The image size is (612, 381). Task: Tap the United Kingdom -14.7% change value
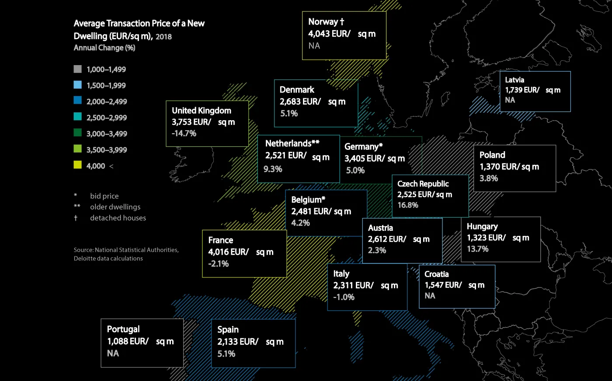(184, 133)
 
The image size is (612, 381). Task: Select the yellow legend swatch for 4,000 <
(78, 165)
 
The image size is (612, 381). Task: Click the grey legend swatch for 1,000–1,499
(78, 69)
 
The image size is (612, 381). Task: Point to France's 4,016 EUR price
(228, 252)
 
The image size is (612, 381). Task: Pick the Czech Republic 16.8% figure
(408, 205)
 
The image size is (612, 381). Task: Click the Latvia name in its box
(515, 80)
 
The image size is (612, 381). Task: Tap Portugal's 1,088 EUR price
(128, 341)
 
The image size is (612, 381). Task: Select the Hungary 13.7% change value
(477, 249)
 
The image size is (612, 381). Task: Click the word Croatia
(436, 274)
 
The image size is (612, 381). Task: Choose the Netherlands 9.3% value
(273, 169)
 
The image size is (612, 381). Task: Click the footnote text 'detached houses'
(118, 218)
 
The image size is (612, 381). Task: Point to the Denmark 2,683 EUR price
(300, 101)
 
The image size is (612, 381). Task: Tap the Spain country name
(228, 329)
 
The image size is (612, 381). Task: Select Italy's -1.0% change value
(344, 297)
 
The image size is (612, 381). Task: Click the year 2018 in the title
(163, 37)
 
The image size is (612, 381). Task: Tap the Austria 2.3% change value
(377, 250)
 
